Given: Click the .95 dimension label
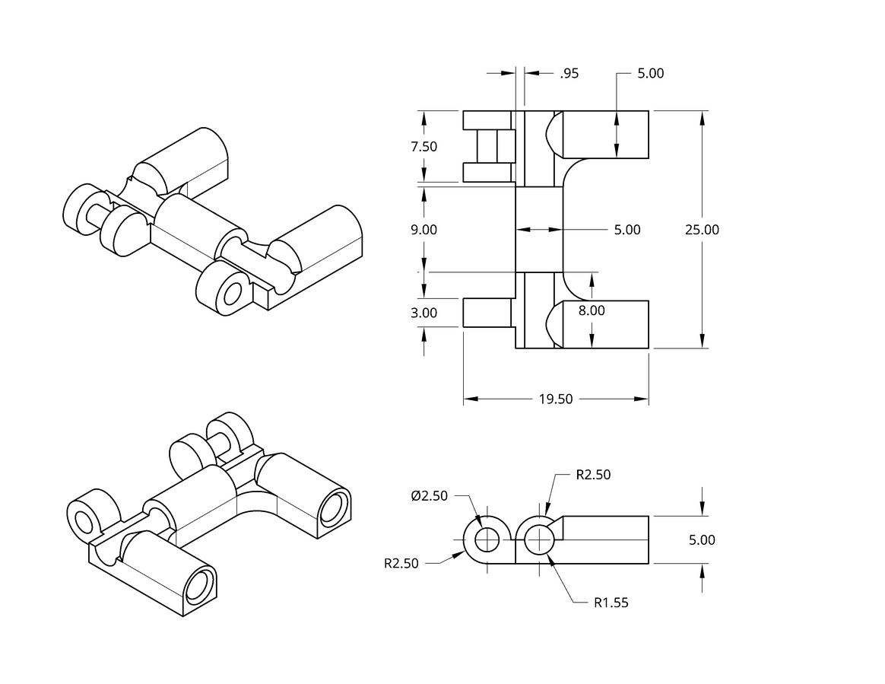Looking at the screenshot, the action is (x=569, y=74).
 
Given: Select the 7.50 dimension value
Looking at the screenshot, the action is (x=424, y=147).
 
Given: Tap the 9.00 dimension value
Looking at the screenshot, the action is (x=424, y=230).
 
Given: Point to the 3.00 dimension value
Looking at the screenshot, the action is (x=424, y=313).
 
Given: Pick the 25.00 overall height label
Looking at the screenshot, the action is (x=702, y=230).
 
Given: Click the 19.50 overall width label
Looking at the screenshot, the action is (x=556, y=399).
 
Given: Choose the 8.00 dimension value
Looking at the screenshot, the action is (x=592, y=310).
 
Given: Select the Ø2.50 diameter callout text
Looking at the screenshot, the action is (x=430, y=496).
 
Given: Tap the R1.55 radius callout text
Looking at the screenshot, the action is (x=611, y=603).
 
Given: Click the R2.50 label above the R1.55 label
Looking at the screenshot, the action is (x=593, y=475).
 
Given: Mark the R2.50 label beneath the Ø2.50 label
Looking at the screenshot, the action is (x=401, y=564).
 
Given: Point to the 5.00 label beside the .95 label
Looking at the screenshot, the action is (x=651, y=74).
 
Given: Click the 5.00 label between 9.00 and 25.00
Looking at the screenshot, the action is (x=627, y=230).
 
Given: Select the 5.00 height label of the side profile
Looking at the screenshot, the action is (x=702, y=540).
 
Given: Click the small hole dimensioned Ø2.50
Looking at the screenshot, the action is (x=487, y=540).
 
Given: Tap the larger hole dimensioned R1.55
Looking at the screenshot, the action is (x=540, y=540).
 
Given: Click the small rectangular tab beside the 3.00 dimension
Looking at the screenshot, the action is (x=487, y=313).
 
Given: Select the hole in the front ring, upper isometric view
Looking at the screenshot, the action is (x=233, y=294).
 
